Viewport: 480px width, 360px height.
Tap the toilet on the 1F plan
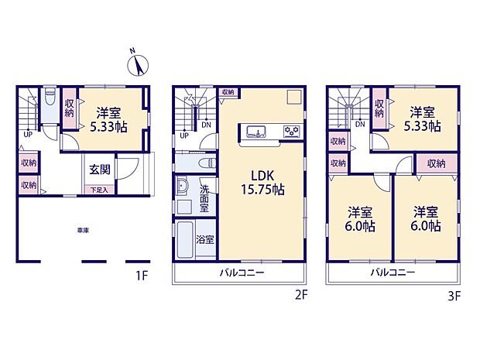(50, 101)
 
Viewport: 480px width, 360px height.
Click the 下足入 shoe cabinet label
(98, 189)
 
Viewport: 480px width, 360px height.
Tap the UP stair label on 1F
(29, 132)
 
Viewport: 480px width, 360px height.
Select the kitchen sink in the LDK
(258, 129)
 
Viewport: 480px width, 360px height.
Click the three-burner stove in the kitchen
(291, 129)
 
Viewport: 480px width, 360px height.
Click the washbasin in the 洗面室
(183, 188)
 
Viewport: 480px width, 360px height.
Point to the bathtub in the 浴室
(187, 242)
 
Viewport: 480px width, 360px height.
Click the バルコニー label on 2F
(240, 273)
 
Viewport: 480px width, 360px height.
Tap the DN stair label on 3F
(360, 124)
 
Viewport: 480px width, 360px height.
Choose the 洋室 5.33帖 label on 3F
(425, 118)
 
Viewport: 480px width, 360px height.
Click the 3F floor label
(454, 295)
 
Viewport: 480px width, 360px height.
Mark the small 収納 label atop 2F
(227, 92)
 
